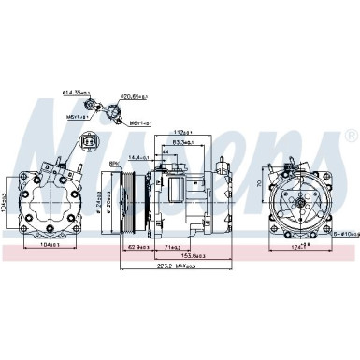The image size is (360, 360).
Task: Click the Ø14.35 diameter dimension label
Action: tap(76, 93)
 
